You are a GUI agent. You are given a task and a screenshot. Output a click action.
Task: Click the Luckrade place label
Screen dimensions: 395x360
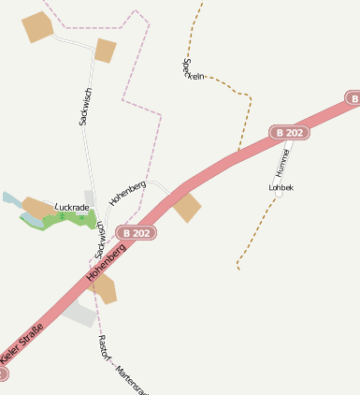click(x=72, y=207)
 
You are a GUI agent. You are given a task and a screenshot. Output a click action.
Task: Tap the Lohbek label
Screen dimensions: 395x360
click(x=281, y=188)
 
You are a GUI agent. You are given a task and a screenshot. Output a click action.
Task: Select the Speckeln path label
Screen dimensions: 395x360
click(x=193, y=69)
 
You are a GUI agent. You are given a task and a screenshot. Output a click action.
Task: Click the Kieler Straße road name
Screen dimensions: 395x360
click(x=22, y=344)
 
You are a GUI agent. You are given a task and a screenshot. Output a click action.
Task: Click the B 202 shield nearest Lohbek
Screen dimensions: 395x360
click(x=289, y=133)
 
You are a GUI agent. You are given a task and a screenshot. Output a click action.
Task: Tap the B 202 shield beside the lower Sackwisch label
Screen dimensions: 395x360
click(x=137, y=233)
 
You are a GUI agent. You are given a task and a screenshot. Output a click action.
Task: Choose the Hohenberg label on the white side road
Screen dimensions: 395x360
click(x=127, y=193)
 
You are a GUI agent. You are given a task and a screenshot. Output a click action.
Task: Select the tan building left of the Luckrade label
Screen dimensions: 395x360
click(x=38, y=207)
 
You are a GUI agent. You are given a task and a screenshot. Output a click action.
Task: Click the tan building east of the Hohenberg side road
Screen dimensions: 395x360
click(x=187, y=209)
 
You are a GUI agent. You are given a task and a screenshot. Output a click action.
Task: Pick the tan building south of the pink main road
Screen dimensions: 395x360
click(x=104, y=290)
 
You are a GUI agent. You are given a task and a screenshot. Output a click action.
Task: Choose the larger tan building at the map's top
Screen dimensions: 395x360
click(x=38, y=27)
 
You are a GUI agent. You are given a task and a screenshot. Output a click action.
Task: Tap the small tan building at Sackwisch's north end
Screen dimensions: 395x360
click(x=105, y=51)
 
